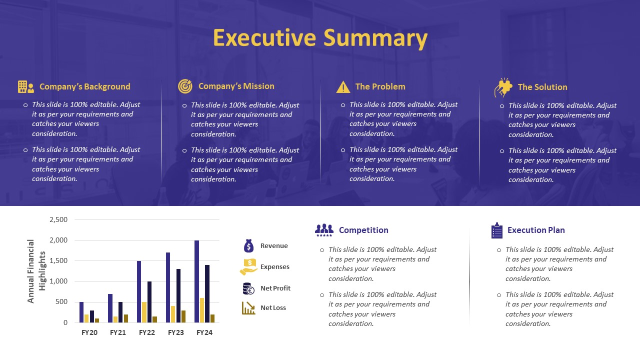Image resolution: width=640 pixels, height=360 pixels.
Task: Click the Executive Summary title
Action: (320, 38)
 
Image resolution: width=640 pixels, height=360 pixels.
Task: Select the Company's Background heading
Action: (84, 86)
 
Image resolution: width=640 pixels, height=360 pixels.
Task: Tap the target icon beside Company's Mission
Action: (185, 86)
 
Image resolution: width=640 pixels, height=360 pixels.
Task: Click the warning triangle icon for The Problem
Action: (343, 87)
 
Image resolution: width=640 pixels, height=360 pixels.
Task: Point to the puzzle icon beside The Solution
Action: (503, 87)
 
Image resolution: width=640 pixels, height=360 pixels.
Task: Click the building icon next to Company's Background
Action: (25, 87)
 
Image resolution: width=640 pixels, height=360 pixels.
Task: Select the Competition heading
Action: (363, 230)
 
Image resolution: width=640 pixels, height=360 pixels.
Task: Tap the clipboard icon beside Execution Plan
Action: (496, 230)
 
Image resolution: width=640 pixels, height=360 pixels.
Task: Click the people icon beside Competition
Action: (324, 230)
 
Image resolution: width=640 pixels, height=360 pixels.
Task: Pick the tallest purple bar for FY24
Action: (197, 281)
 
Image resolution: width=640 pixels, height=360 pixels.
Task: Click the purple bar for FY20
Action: (81, 312)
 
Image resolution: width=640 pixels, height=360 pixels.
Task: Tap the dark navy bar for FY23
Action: (178, 295)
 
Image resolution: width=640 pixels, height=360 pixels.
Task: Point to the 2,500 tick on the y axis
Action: (58, 219)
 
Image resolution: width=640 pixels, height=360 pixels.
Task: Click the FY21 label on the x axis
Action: (117, 332)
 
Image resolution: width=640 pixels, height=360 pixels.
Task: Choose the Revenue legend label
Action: (274, 246)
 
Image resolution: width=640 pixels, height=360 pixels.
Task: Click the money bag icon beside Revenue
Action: (248, 245)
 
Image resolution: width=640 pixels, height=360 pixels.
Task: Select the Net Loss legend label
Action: (273, 308)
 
